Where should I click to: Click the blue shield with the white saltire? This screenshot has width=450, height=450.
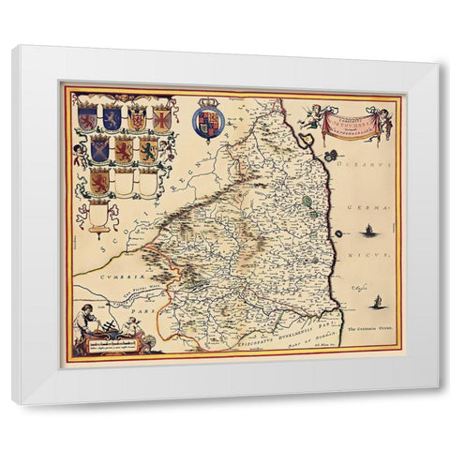[112, 118]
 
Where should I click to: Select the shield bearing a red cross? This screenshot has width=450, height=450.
[87, 118]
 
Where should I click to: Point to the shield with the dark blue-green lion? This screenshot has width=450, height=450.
[147, 150]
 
